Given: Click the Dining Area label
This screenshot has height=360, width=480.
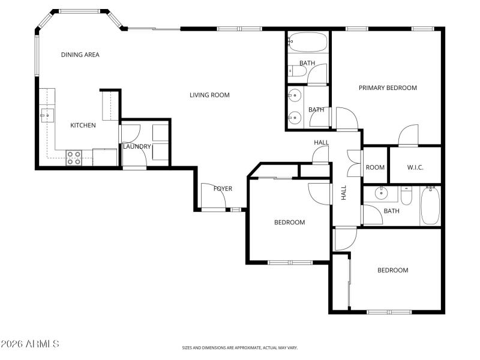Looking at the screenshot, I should coord(80,55).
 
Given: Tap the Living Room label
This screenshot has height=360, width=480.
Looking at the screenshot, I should coord(209,95).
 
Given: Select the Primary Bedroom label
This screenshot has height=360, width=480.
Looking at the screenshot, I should coord(388,88).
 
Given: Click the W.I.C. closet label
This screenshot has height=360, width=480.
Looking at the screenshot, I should coord(415,167).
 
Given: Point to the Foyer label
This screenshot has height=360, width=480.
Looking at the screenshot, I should coord(223,189).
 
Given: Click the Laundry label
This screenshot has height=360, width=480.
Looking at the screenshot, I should coord(137,146).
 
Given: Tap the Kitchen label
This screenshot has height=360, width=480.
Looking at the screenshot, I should coord(83,125).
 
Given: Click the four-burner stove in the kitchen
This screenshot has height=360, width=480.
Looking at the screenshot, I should coord(74,157).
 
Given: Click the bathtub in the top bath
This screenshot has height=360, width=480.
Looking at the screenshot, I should coord(308,42).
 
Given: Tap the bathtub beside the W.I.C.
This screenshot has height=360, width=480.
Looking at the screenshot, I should coord(430,205).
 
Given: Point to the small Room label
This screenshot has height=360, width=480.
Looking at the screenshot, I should coord(375,167).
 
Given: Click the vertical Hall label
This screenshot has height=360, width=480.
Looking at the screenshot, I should coord(344,192).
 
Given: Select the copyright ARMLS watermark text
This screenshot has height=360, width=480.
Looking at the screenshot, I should coord(30,344).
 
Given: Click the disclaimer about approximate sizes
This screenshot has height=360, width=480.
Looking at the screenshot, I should coord(240,347).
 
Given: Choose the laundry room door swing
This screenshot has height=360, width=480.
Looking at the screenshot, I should coord(131,134).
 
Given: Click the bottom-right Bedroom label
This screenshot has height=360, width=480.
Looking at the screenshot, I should coord(392,270).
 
